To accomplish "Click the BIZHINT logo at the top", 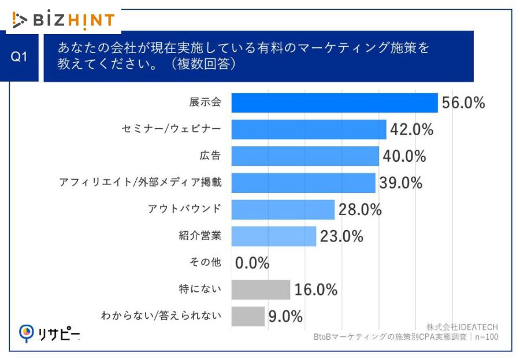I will (64, 20).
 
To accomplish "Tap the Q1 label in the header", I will (20, 57).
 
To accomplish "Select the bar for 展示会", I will (335, 103).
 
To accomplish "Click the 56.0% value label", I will (463, 103).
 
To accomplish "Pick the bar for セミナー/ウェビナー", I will (309, 129).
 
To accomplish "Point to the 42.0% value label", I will (411, 129).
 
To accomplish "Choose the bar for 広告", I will (305, 156).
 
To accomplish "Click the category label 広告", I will (210, 156).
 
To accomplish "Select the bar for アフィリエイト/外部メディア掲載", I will (303, 183).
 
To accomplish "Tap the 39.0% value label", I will (401, 183).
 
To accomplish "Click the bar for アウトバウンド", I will (283, 209).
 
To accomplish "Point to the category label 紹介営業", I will (200, 236).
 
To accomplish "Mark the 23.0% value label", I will (341, 236).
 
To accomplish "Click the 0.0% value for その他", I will (252, 263).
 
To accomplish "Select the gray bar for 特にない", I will (261, 290).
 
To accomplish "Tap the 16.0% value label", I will (315, 290).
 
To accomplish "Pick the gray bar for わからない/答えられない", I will (248, 316).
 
